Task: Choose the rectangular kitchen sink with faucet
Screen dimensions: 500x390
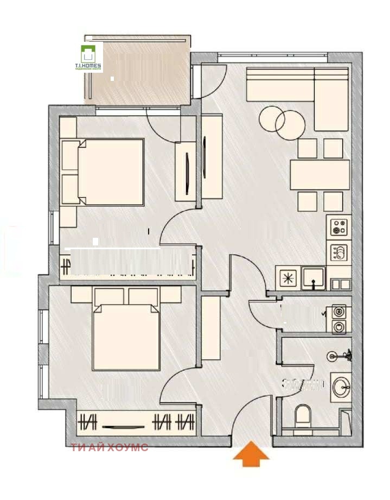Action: [314, 278]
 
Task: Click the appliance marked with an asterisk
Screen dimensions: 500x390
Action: [288, 278]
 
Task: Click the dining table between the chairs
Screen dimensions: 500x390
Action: [319, 175]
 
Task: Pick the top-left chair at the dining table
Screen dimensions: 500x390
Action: [308, 148]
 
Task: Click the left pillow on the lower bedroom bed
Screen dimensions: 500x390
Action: [109, 296]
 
